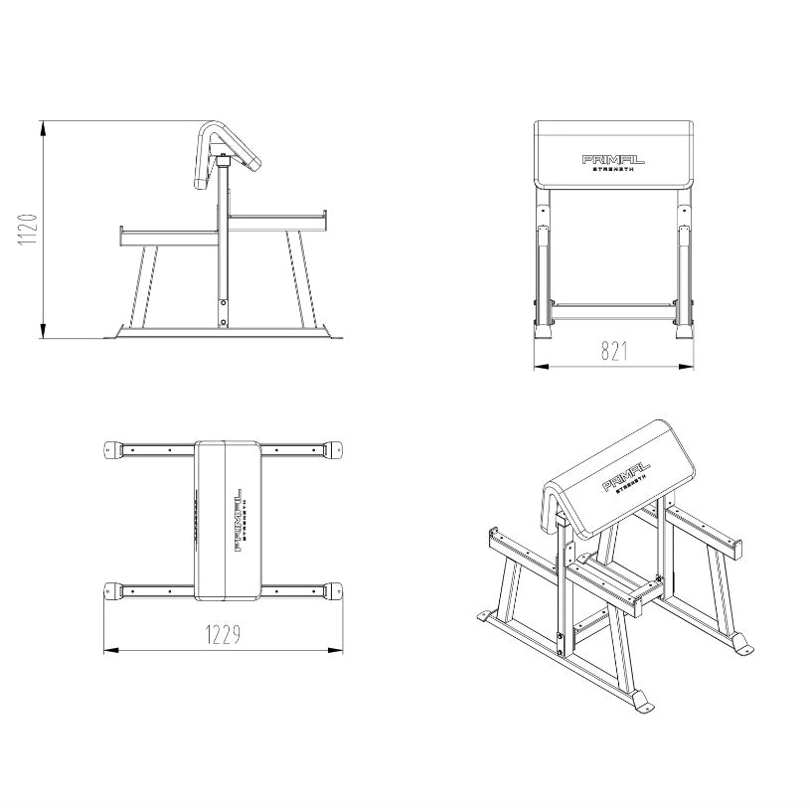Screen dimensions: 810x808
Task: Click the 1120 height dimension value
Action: pyautogui.click(x=29, y=230)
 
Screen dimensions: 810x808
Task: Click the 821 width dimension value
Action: pyautogui.click(x=615, y=351)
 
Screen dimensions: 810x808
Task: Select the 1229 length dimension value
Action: pyautogui.click(x=224, y=635)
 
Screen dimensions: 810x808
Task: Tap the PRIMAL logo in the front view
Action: pyautogui.click(x=613, y=160)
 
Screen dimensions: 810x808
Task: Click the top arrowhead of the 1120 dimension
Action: pyautogui.click(x=44, y=128)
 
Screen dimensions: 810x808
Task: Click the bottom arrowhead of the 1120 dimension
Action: pyautogui.click(x=44, y=331)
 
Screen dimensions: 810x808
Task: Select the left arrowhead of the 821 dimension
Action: pyautogui.click(x=541, y=367)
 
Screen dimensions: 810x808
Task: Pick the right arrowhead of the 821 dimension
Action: pyautogui.click(x=686, y=367)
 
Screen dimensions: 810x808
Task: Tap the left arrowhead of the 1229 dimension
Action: pyautogui.click(x=111, y=650)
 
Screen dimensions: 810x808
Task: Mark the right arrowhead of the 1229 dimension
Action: pyautogui.click(x=335, y=650)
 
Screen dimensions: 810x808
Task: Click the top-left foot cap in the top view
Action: pyautogui.click(x=113, y=449)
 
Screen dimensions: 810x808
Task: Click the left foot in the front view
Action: pyautogui.click(x=543, y=331)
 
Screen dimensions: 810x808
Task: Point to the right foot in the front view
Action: pyautogui.click(x=685, y=331)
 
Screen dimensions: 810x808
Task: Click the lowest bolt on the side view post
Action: pyautogui.click(x=224, y=322)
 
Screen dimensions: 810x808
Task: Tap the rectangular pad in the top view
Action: pyautogui.click(x=228, y=521)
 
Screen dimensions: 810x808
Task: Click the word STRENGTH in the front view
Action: pyautogui.click(x=612, y=169)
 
